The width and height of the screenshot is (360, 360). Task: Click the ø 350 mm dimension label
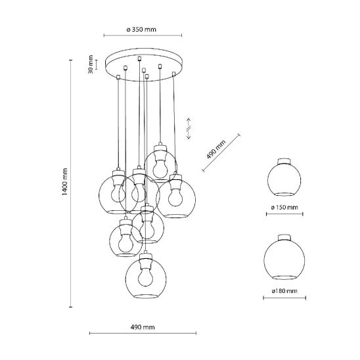141,30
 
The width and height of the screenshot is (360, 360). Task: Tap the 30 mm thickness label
91,64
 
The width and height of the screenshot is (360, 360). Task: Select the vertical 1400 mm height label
65,182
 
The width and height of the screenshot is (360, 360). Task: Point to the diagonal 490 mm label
216,150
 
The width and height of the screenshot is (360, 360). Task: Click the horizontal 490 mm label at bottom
143,327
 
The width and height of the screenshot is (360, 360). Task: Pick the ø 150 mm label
284,208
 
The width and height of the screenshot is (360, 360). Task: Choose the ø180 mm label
284,291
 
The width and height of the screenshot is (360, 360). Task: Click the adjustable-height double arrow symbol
189,129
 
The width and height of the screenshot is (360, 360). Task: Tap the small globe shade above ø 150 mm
284,180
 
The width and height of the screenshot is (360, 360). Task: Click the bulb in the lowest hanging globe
146,277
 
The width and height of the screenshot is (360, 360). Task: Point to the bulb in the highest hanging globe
160,168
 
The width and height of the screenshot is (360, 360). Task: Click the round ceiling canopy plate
144,64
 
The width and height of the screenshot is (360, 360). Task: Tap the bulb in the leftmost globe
118,193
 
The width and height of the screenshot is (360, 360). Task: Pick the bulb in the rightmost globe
175,196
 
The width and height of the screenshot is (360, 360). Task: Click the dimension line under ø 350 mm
143,35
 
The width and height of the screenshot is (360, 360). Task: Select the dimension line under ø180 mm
284,298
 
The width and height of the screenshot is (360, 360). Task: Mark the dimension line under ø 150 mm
284,214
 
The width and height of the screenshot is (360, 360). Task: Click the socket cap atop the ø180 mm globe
284,237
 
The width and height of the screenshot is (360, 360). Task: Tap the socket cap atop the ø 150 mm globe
284,161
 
